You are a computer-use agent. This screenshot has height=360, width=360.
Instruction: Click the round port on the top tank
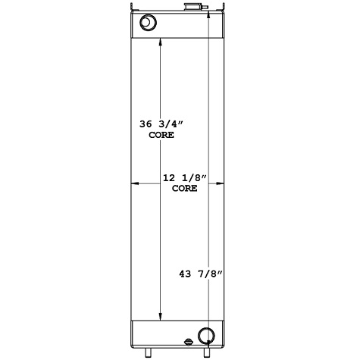point(146,23)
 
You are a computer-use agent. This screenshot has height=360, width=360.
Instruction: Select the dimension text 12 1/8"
point(184,178)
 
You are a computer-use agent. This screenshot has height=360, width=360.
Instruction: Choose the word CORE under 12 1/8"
point(184,189)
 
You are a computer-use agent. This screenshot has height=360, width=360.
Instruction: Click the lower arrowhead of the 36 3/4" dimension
point(160,318)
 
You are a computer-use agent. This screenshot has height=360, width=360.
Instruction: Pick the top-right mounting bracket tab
point(224,12)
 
